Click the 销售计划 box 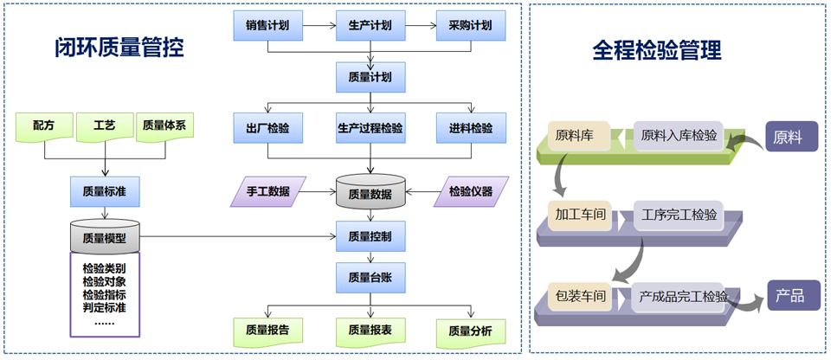(267, 26)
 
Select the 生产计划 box (370, 26)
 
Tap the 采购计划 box (470, 26)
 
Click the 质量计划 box (370, 77)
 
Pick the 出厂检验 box (267, 128)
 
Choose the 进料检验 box (470, 128)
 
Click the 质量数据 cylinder (370, 193)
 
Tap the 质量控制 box (370, 235)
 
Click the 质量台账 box (370, 276)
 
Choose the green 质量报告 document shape (267, 330)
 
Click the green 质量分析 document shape (470, 331)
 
